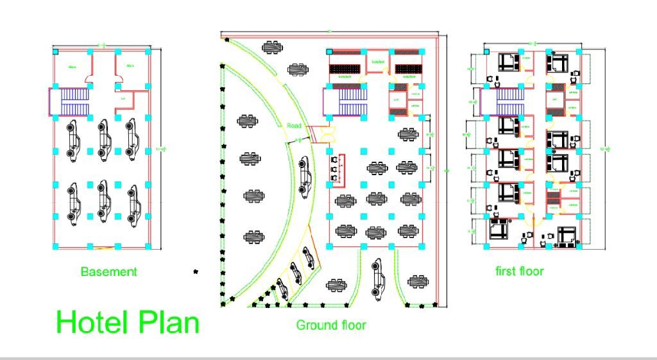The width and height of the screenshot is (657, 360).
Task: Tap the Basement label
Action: [108, 271]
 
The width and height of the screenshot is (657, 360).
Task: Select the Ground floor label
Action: [331, 325]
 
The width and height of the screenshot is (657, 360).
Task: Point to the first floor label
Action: [520, 271]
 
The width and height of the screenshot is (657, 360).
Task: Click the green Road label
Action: [294, 126]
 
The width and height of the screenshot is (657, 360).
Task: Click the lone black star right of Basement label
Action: [196, 272]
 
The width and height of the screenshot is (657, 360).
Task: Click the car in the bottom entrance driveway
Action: [378, 277]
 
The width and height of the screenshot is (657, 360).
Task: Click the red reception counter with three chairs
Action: [338, 170]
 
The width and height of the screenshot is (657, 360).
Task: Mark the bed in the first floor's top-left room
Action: [507, 62]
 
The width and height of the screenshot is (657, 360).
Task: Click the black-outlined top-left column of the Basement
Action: [56, 51]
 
